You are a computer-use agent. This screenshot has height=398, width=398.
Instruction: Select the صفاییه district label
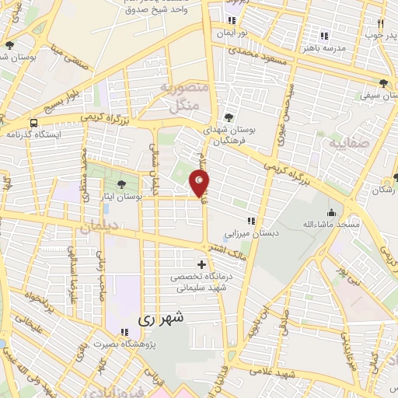(344, 144)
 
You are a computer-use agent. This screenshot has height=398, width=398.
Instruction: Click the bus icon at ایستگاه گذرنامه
(34, 123)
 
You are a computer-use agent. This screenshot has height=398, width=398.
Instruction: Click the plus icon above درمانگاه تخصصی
(202, 265)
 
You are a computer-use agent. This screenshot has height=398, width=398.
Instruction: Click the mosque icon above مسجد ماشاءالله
(332, 212)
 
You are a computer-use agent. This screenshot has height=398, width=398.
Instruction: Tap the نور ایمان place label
(232, 33)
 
